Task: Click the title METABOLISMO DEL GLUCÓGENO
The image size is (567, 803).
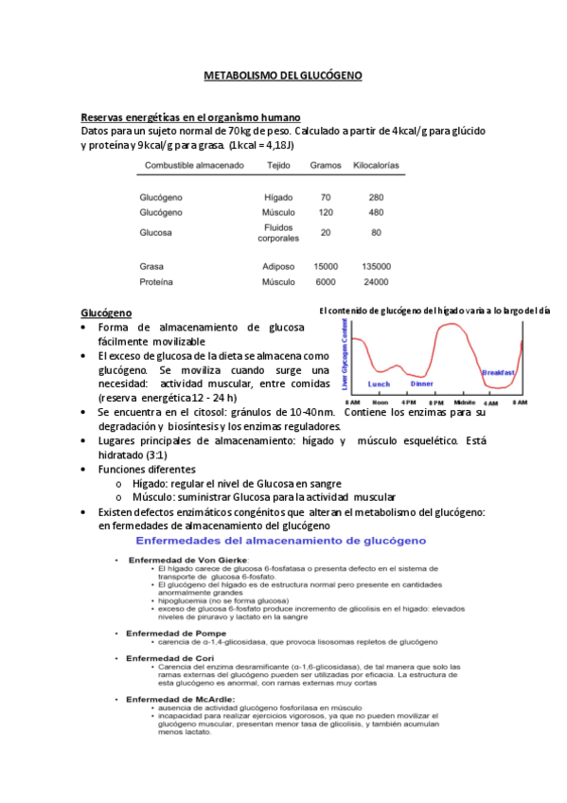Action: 283,75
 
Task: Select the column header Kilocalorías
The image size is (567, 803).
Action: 376,165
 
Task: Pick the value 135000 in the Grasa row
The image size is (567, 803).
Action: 376,267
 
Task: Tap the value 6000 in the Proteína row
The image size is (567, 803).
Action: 325,282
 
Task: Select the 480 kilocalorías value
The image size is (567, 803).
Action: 376,213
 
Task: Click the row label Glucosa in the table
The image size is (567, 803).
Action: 155,232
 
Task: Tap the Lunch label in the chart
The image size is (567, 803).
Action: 380,384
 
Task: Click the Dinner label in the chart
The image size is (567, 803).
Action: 422,384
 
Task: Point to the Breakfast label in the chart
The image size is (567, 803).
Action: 498,373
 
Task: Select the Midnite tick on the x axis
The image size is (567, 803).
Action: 465,401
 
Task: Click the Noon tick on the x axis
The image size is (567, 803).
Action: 380,401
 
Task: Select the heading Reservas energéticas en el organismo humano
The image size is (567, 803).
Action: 191,116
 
